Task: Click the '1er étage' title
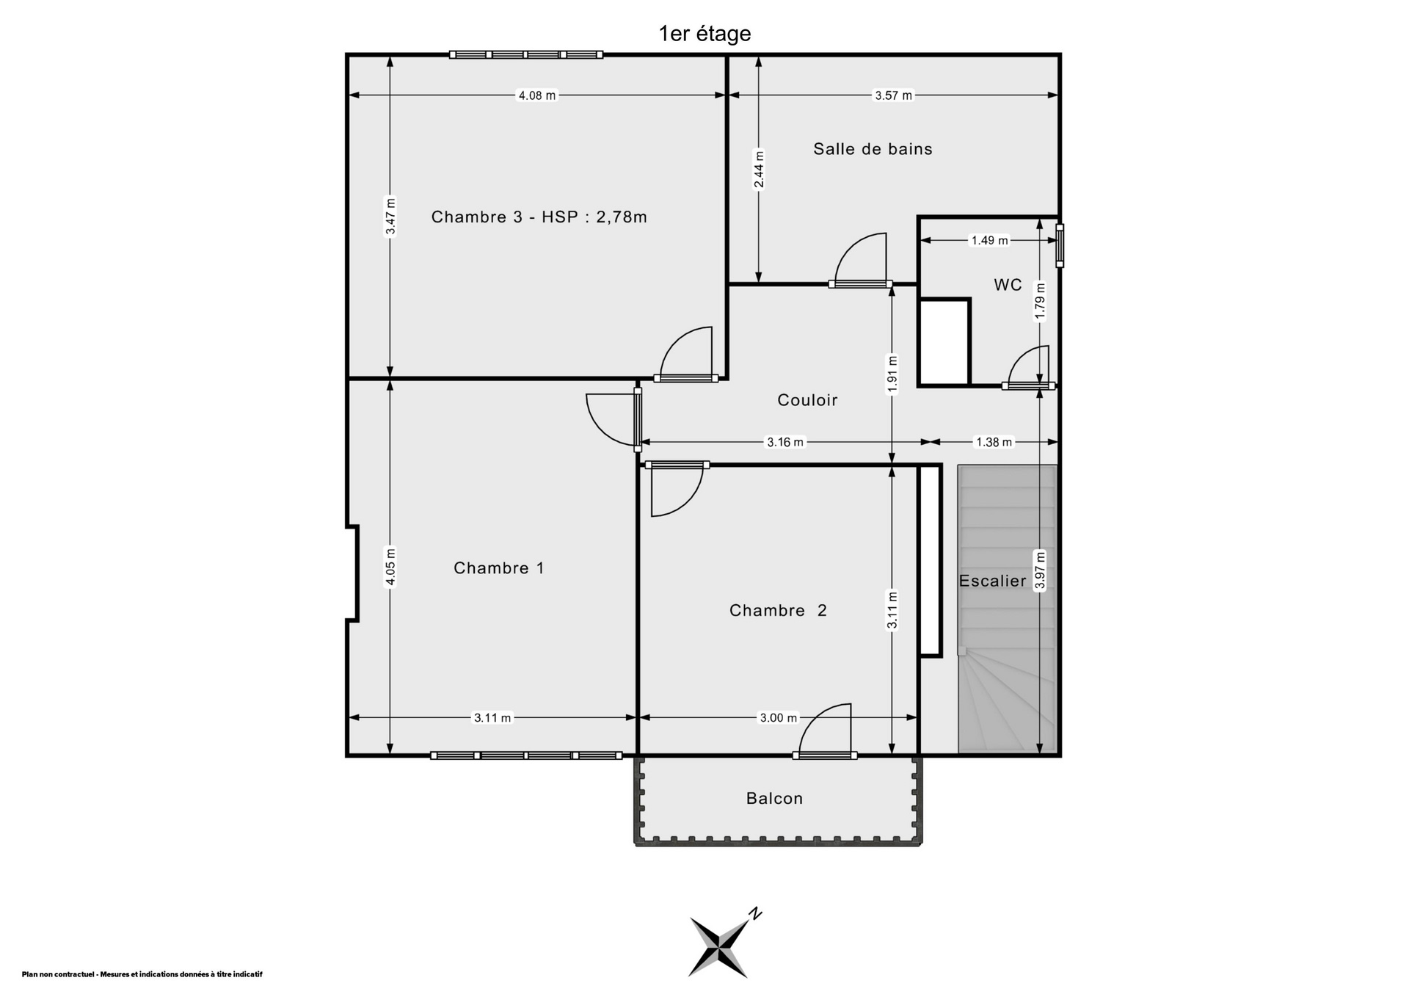pyautogui.click(x=704, y=34)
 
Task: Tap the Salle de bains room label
pyautogui.click(x=873, y=149)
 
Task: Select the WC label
pyautogui.click(x=1008, y=285)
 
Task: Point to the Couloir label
pyautogui.click(x=807, y=400)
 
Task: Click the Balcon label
pyautogui.click(x=774, y=798)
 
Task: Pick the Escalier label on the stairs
pyautogui.click(x=992, y=581)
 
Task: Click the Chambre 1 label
pyautogui.click(x=499, y=568)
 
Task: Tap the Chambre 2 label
pyautogui.click(x=778, y=610)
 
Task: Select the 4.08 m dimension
pyautogui.click(x=537, y=95)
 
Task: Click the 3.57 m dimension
pyautogui.click(x=893, y=95)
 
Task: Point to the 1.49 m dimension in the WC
pyautogui.click(x=989, y=240)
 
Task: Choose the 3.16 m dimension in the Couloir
pyautogui.click(x=785, y=442)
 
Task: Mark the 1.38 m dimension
pyautogui.click(x=993, y=442)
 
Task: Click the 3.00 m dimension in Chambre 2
pyautogui.click(x=778, y=717)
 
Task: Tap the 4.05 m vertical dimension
pyautogui.click(x=390, y=568)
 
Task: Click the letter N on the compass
pyautogui.click(x=754, y=914)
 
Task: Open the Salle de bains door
pyautogui.click(x=860, y=258)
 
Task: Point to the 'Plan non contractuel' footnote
pyautogui.click(x=142, y=974)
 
